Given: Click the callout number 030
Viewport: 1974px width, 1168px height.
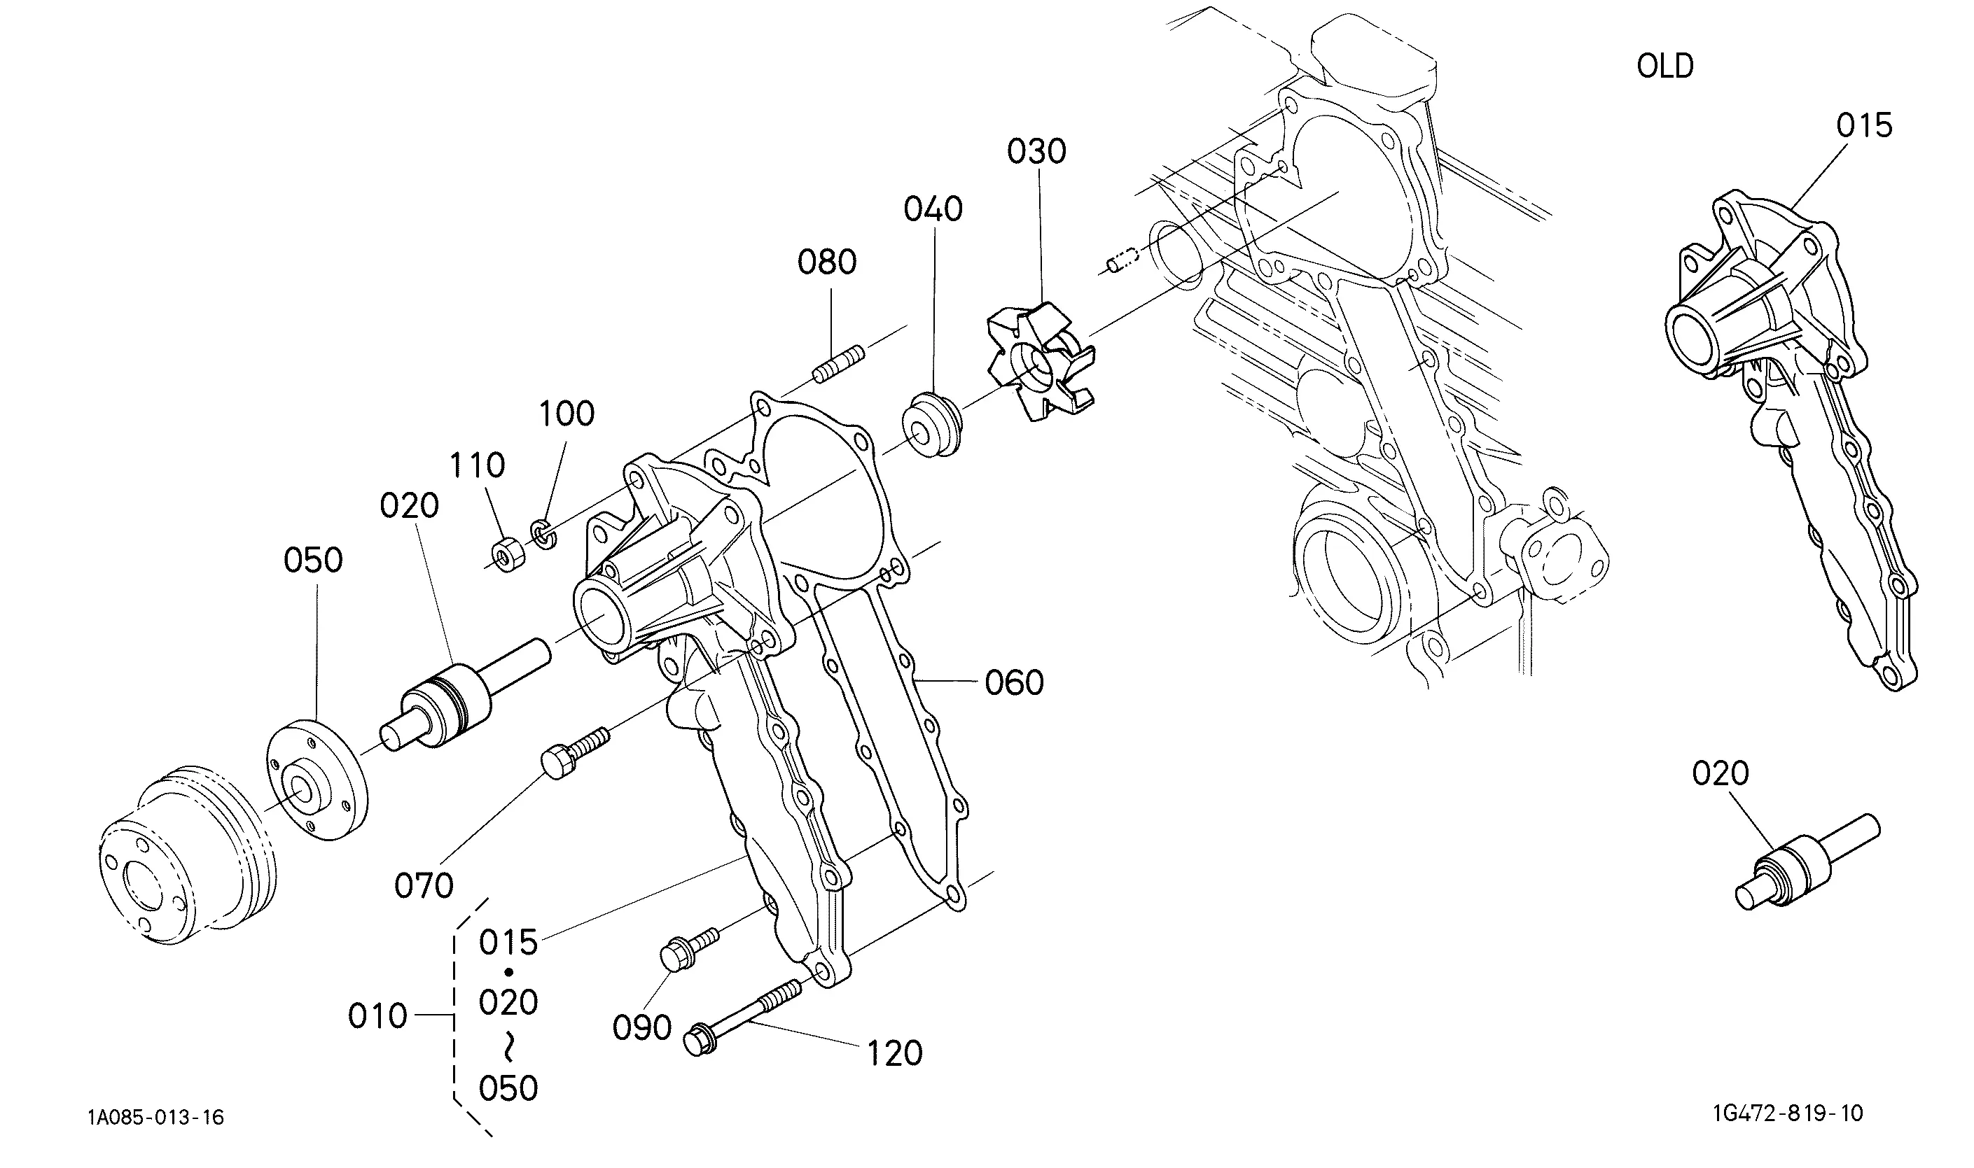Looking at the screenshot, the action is (1036, 151).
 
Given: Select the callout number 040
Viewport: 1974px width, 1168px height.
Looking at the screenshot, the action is (933, 209).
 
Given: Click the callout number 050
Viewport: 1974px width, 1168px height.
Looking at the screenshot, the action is (314, 561).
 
